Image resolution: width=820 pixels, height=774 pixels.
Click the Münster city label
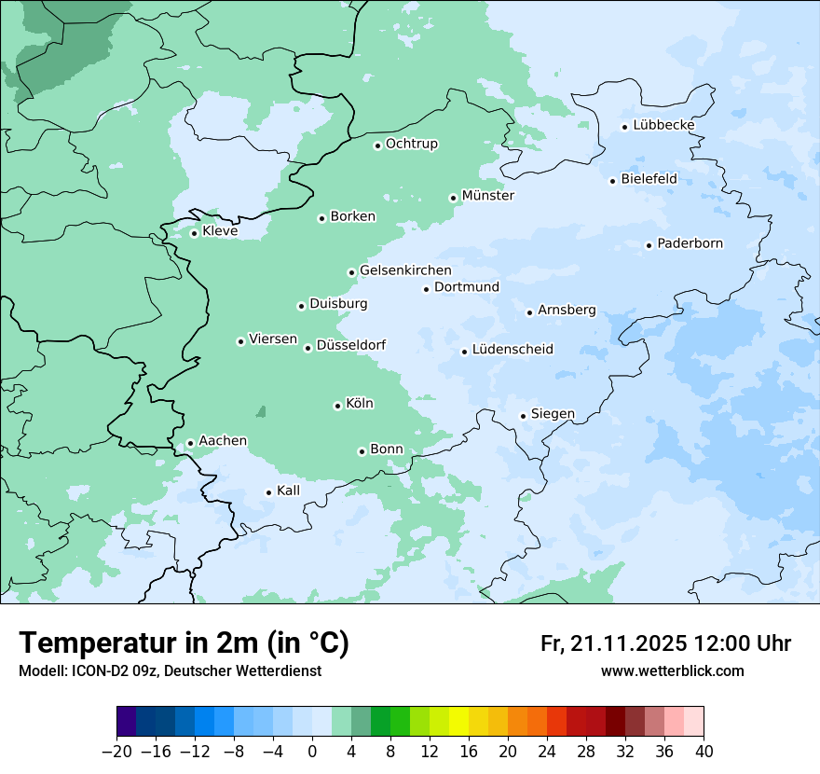point(487,196)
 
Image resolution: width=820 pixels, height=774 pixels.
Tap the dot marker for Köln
point(337,406)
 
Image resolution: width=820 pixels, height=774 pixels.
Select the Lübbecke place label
point(663,125)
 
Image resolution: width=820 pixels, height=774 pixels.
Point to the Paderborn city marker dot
point(649,245)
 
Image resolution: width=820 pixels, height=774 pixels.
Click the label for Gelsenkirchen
point(405,270)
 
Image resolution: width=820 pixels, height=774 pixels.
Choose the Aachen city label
point(223,441)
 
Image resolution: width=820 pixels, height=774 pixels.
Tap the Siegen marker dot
point(523,416)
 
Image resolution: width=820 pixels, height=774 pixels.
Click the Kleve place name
point(220,231)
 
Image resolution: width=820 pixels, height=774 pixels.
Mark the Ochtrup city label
point(411,144)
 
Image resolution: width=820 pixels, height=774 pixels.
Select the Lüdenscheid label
point(512,350)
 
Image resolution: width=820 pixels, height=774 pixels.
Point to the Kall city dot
point(268,492)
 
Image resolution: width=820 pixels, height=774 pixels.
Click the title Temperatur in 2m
point(184,643)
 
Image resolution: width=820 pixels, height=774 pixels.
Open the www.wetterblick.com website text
point(672,671)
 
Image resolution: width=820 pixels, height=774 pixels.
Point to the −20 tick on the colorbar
point(116,752)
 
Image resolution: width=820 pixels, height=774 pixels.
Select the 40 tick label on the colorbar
point(704,752)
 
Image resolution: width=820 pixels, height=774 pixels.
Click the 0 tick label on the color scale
point(312,752)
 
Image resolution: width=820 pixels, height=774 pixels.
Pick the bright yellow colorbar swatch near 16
point(458,722)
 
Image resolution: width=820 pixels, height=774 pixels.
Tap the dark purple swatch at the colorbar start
point(127,722)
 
